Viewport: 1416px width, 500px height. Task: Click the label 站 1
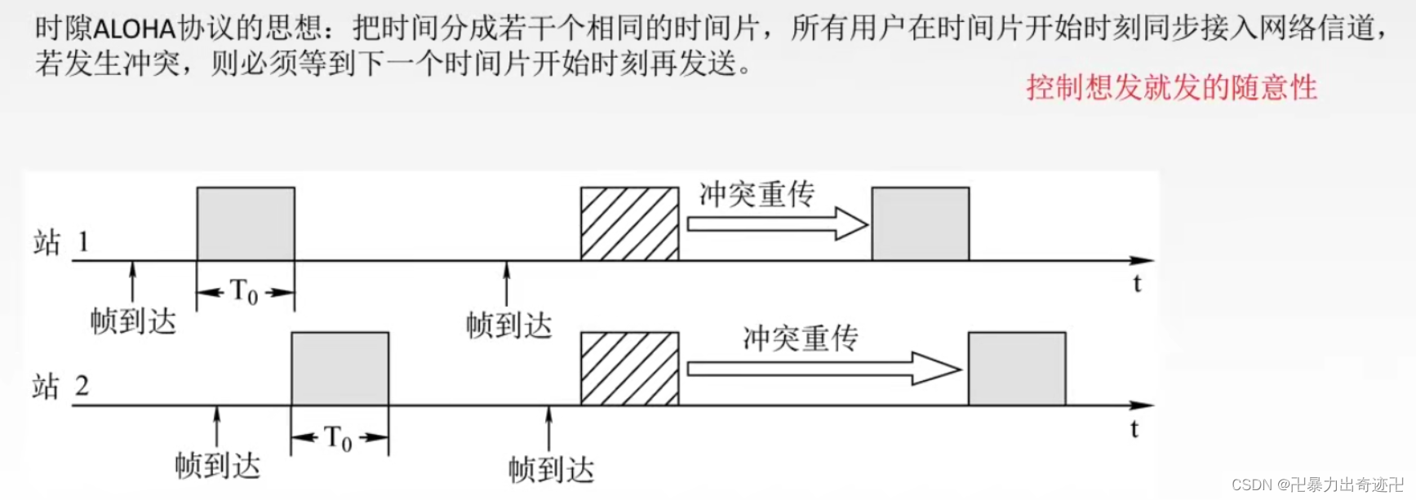click(60, 242)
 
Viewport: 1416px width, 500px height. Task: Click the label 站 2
click(60, 387)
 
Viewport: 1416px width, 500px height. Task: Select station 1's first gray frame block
click(246, 223)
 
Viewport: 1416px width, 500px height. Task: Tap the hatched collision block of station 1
click(629, 223)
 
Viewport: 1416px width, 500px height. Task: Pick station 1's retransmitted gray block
click(920, 223)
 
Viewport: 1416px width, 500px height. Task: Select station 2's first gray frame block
click(340, 368)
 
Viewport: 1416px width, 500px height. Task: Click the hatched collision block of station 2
click(629, 368)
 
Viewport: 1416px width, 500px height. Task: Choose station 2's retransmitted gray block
click(1016, 368)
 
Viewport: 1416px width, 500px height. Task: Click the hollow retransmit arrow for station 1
click(776, 223)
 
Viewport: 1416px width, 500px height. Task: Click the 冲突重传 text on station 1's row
click(757, 194)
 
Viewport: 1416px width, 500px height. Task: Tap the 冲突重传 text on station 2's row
click(800, 338)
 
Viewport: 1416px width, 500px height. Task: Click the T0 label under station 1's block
click(244, 291)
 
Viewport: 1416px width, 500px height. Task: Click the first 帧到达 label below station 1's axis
click(133, 321)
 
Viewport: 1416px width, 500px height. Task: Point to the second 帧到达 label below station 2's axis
click(551, 470)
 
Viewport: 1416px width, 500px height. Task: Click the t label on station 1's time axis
click(1137, 284)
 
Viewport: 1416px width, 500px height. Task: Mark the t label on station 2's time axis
click(1134, 428)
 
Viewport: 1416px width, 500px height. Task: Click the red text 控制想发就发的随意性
click(1171, 87)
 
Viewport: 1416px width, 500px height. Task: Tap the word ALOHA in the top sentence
click(135, 29)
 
